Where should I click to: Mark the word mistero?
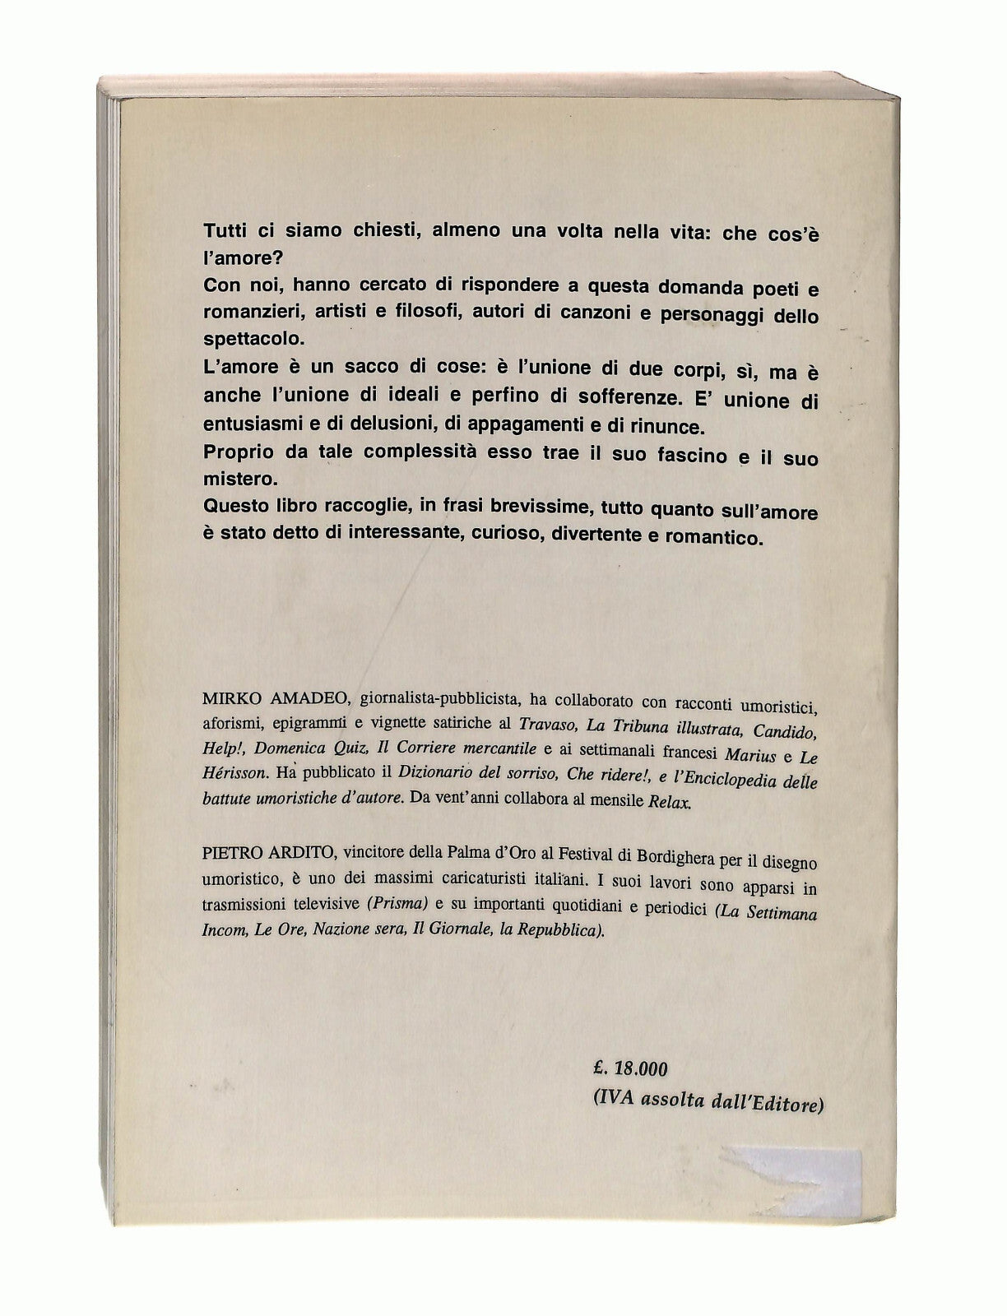point(233,484)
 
